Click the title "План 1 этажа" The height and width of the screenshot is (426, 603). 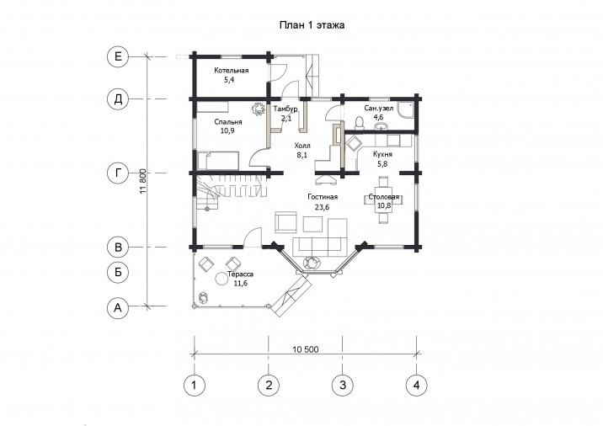tap(312, 25)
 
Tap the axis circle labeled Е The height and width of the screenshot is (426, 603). tap(118, 57)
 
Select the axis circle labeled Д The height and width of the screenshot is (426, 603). tap(118, 99)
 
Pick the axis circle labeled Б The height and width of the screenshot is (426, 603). tap(118, 272)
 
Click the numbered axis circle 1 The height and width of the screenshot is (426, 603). tap(195, 385)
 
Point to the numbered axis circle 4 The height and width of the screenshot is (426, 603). tap(417, 385)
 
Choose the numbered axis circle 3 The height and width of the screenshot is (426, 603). tap(343, 385)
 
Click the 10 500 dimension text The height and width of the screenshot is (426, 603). tap(306, 349)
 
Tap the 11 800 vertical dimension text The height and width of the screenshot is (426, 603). tap(143, 181)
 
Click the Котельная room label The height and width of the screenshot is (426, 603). tap(232, 71)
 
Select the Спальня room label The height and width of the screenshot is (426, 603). tap(228, 122)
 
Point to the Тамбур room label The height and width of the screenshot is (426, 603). tap(285, 109)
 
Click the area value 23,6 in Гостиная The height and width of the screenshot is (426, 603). tap(323, 207)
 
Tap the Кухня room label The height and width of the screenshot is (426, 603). tap(382, 154)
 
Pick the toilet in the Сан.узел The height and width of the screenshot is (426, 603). tap(359, 123)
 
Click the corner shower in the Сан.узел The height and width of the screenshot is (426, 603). tap(406, 111)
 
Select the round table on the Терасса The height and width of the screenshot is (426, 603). tap(221, 279)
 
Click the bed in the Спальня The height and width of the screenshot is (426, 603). tap(218, 161)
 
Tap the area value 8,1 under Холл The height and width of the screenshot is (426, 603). tap(302, 155)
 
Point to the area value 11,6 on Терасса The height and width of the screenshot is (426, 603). tap(240, 284)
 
